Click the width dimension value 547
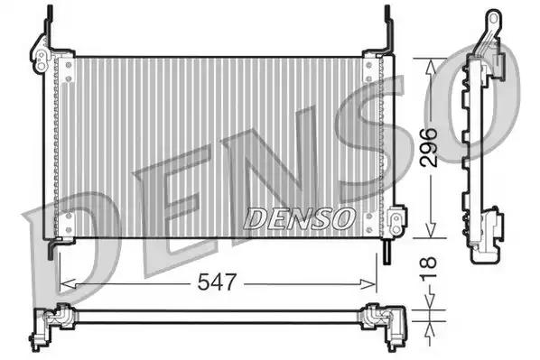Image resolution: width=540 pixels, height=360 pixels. [x=218, y=282]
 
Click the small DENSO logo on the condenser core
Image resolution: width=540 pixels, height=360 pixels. [x=298, y=217]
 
